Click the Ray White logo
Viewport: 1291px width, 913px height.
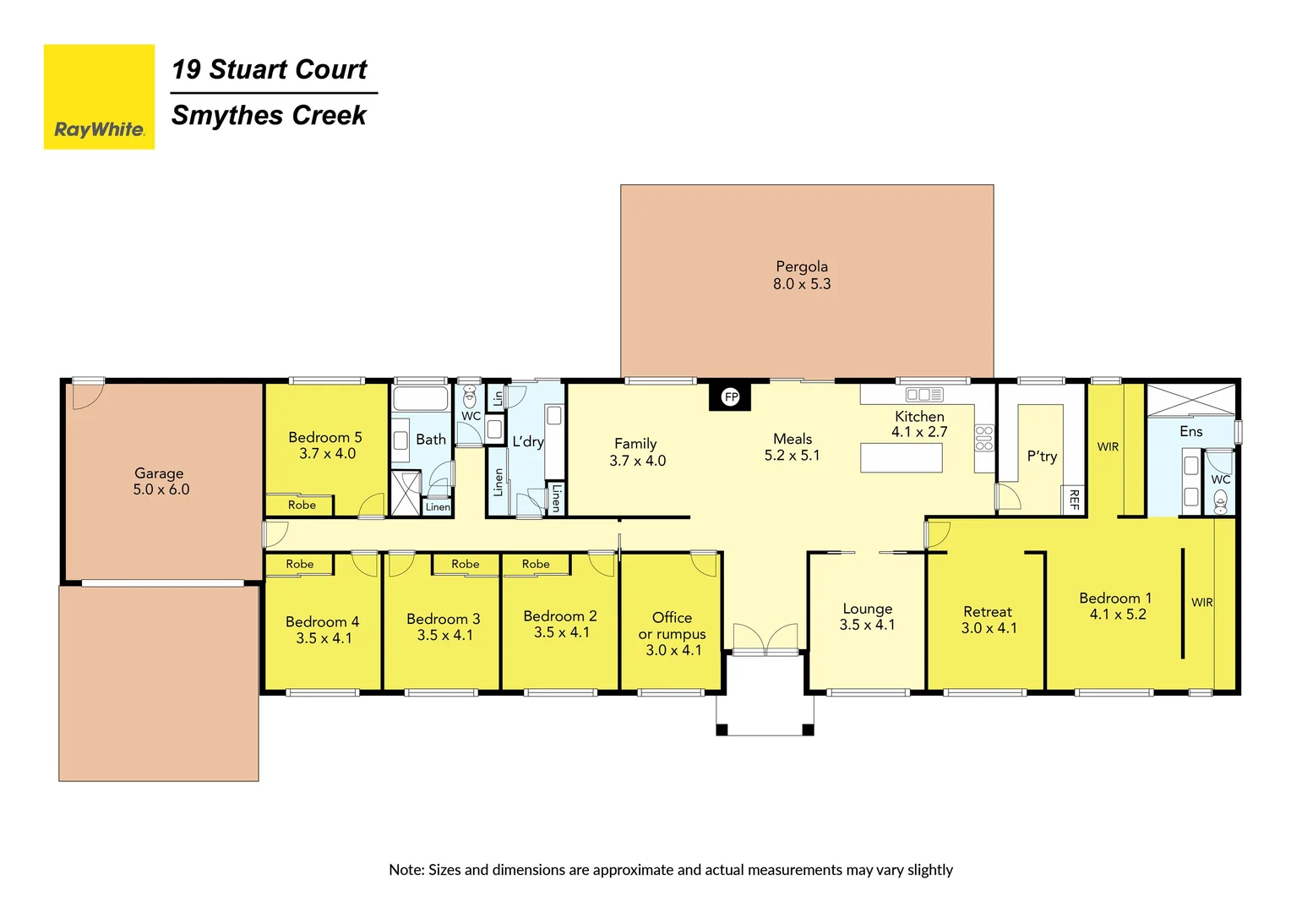click(x=99, y=97)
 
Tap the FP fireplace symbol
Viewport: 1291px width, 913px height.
click(x=731, y=396)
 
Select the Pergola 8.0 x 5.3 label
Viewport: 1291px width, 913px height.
click(x=802, y=276)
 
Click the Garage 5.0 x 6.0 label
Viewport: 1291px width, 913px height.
click(x=161, y=481)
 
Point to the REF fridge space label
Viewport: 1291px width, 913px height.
click(x=1074, y=500)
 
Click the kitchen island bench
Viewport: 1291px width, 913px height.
click(x=901, y=457)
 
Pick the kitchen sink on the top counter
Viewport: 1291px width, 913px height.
click(x=924, y=395)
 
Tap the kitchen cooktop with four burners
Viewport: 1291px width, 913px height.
click(x=983, y=438)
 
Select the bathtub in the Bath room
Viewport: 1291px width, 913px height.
click(x=421, y=398)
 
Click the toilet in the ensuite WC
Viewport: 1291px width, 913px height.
click(x=1220, y=502)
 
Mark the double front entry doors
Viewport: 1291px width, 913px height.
click(x=765, y=639)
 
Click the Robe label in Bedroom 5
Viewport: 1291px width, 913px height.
click(x=302, y=505)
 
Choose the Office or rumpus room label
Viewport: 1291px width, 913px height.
click(x=673, y=633)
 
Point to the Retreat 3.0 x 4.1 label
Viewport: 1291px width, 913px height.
click(x=988, y=620)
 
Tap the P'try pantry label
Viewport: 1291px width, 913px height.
click(x=1042, y=456)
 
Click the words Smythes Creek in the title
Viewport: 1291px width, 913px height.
click(x=269, y=115)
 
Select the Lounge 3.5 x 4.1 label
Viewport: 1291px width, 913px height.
click(x=867, y=616)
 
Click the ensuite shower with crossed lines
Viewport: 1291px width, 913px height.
click(x=1190, y=400)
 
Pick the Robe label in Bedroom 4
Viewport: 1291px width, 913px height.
click(x=299, y=564)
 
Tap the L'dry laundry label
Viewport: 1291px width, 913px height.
click(x=528, y=441)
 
